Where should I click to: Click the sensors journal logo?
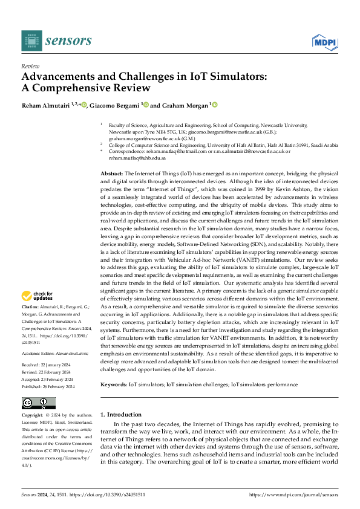[x=56, y=41]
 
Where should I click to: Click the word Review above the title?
[x=30, y=66]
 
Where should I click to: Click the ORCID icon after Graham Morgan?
[x=214, y=105]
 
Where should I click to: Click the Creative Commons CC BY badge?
[x=38, y=403]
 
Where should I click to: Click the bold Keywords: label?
[x=114, y=384]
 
